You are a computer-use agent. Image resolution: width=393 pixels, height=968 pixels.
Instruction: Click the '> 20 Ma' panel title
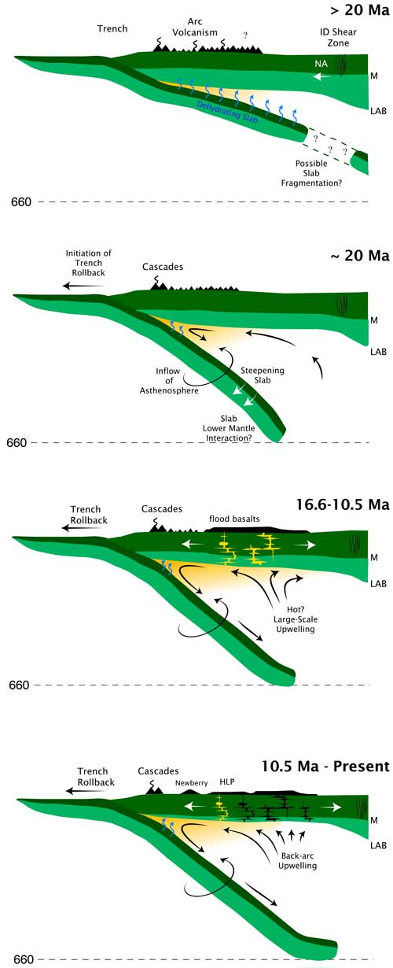(360, 10)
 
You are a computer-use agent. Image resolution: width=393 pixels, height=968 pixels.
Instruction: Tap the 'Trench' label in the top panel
(112, 28)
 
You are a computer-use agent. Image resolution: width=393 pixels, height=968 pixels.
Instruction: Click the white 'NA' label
(321, 64)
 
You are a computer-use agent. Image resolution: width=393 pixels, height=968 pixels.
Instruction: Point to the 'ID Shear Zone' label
(338, 37)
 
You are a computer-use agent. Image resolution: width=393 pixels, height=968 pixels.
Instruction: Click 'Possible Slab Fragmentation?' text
(311, 173)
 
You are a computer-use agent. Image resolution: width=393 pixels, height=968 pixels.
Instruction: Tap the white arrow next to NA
(321, 77)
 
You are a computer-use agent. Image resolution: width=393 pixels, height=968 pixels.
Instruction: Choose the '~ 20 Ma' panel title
(360, 255)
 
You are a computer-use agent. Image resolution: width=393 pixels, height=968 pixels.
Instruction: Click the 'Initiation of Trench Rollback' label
(89, 263)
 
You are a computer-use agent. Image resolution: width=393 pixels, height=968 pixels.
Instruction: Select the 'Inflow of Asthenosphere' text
(169, 380)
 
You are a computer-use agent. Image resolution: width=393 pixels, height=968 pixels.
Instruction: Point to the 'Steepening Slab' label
(263, 375)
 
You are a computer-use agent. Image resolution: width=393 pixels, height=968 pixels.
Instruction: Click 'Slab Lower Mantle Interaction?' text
(229, 428)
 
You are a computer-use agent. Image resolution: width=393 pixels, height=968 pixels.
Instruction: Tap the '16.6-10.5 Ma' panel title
(343, 504)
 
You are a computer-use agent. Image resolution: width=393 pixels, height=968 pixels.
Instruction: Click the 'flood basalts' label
(234, 519)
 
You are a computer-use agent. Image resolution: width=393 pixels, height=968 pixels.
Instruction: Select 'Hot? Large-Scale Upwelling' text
(296, 619)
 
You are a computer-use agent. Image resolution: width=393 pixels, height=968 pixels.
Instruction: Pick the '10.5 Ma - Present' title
(325, 766)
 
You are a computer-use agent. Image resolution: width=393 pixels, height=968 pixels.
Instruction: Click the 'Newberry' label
(192, 783)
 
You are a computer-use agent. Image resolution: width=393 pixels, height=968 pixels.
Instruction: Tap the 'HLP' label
(227, 781)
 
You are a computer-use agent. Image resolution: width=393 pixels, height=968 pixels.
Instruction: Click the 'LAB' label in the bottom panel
(378, 845)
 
